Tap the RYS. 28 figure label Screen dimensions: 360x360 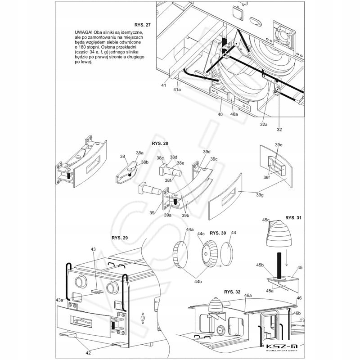point(160,143)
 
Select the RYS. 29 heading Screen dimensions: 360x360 point(119,237)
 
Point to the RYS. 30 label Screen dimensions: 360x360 point(217,233)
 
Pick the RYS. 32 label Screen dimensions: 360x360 point(232,292)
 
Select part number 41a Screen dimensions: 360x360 point(177,90)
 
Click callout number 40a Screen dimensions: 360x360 point(234,114)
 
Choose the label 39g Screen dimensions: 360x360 point(260,194)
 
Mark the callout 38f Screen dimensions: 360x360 point(168,180)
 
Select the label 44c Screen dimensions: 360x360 point(201,233)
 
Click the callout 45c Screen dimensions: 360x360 point(265,220)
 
